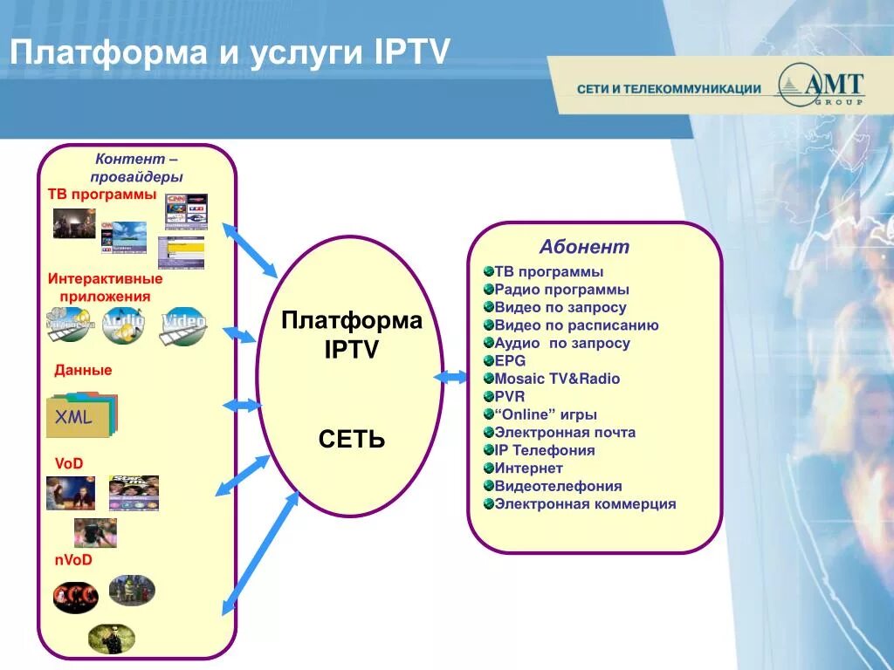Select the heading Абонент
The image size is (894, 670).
pyautogui.click(x=584, y=247)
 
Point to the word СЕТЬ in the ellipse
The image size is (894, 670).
pyautogui.click(x=351, y=439)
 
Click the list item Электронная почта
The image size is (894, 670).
pyautogui.click(x=565, y=433)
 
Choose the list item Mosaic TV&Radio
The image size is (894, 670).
pyautogui.click(x=557, y=379)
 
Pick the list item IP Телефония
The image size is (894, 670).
pyautogui.click(x=545, y=450)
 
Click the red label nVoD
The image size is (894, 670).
pyautogui.click(x=73, y=560)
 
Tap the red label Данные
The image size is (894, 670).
pyautogui.click(x=83, y=370)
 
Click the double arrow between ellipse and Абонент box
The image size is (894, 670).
pyautogui.click(x=451, y=377)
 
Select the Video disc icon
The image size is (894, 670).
pyautogui.click(x=183, y=325)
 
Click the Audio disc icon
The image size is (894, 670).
pyautogui.click(x=123, y=326)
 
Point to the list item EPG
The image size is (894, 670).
pyautogui.click(x=510, y=361)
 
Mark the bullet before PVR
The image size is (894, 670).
pyautogui.click(x=488, y=397)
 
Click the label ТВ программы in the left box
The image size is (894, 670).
pyautogui.click(x=102, y=194)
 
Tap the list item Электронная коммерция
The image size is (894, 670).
pyautogui.click(x=585, y=504)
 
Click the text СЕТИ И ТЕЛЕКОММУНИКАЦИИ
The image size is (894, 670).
pyautogui.click(x=669, y=89)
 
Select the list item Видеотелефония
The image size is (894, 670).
pyautogui.click(x=558, y=486)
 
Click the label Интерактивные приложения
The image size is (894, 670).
pyautogui.click(x=105, y=288)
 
